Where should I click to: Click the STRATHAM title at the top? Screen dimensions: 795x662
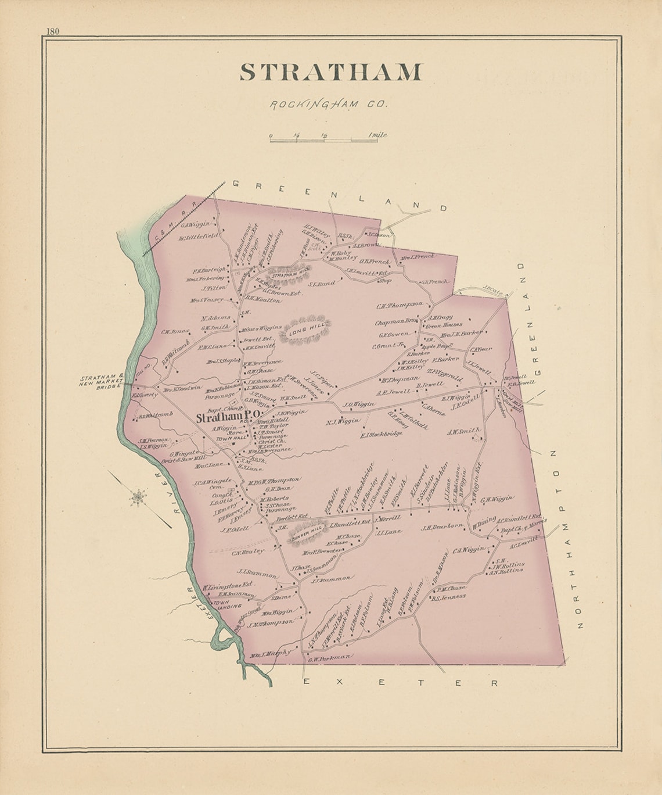(330, 72)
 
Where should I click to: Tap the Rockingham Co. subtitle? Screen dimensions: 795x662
(329, 105)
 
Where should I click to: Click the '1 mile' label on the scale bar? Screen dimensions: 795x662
(377, 135)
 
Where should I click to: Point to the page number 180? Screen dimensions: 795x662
(53, 31)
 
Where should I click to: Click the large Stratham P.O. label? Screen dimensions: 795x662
(227, 417)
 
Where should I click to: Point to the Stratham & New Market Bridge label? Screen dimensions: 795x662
(102, 381)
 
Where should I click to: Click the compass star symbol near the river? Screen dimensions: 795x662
(138, 497)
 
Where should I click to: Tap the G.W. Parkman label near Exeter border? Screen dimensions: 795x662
(329, 658)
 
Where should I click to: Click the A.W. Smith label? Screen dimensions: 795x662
(463, 431)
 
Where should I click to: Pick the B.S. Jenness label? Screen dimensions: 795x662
(449, 597)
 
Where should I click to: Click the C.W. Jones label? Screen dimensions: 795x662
(175, 331)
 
